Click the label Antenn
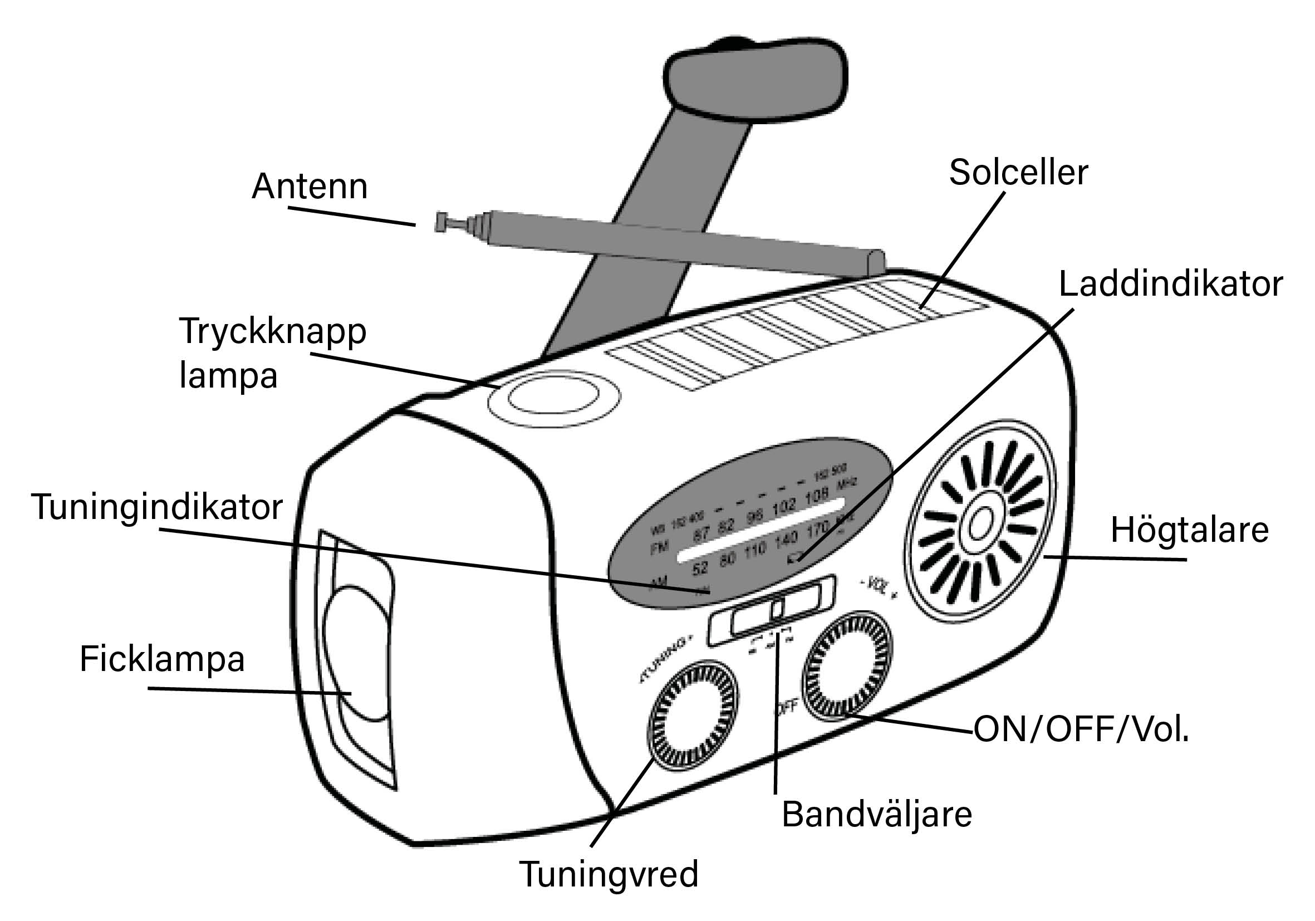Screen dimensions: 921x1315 coord(310,187)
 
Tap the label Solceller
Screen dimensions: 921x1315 coord(1018,173)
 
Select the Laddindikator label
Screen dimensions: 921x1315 coord(1170,284)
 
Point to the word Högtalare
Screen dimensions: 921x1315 coord(1190,530)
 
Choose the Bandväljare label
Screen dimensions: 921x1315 coord(877,815)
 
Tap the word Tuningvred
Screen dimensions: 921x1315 coord(609,875)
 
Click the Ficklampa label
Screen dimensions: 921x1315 coord(162,659)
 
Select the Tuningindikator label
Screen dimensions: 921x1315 coord(157,507)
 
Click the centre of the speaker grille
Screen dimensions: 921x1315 coord(980,524)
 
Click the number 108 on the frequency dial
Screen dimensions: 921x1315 coord(817,496)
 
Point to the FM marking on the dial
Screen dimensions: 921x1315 coord(659,548)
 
